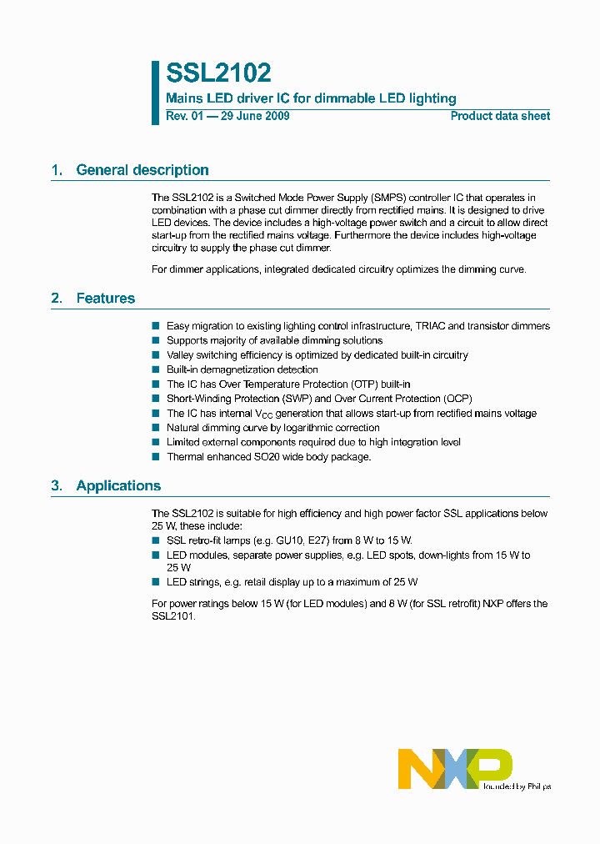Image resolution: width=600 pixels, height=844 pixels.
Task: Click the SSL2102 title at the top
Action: tap(218, 73)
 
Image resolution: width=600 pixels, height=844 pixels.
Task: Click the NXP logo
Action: tap(455, 768)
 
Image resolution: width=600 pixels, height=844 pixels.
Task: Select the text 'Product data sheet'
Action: tap(500, 117)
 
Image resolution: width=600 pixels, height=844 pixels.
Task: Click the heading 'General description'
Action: tap(142, 170)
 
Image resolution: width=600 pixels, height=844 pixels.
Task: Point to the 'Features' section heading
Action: tap(105, 299)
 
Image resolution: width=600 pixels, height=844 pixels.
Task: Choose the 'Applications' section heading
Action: tap(118, 485)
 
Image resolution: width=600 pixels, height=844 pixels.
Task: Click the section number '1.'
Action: tap(57, 170)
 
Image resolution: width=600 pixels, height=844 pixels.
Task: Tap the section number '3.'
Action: tap(57, 485)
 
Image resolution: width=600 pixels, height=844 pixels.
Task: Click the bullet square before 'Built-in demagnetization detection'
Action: tap(155, 369)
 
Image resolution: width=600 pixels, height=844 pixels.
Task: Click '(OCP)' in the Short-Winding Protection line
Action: tap(455, 399)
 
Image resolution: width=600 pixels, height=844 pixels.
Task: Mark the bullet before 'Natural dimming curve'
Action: tap(155, 428)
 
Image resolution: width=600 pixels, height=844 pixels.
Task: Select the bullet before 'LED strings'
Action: tap(155, 582)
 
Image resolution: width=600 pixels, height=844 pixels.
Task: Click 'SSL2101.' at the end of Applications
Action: tap(172, 618)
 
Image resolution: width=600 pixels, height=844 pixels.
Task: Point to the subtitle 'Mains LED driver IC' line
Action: tap(311, 98)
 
